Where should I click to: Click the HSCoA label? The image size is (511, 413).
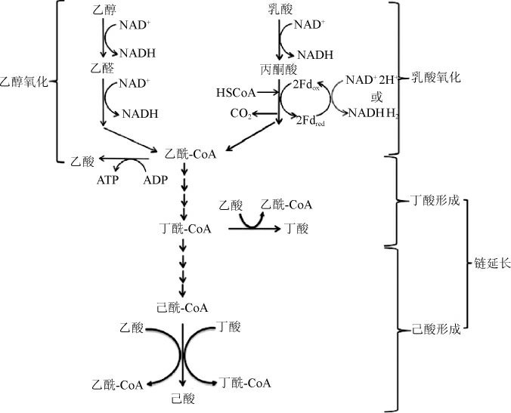pyautogui.click(x=235, y=94)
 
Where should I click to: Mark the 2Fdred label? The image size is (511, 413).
pyautogui.click(x=311, y=120)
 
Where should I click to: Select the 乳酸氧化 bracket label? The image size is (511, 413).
pyautogui.click(x=436, y=78)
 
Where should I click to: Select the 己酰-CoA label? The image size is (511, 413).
pyautogui.click(x=181, y=307)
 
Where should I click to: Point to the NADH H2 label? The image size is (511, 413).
pyautogui.click(x=370, y=113)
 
